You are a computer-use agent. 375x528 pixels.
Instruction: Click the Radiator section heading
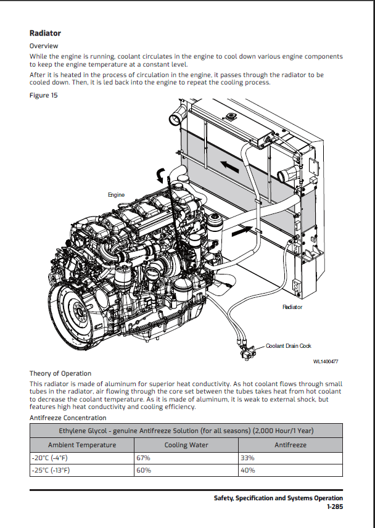point(45,33)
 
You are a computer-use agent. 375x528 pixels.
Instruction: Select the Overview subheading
point(44,46)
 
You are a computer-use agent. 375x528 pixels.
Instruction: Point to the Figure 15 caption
point(43,95)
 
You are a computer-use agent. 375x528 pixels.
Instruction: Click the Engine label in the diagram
point(116,195)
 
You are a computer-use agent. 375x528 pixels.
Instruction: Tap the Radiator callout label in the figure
point(292,307)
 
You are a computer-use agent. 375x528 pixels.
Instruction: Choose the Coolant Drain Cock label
point(288,346)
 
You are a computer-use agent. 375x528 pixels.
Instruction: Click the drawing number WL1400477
point(325,361)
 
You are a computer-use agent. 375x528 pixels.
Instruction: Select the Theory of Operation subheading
point(60,373)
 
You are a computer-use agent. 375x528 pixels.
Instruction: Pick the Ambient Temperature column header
point(82,445)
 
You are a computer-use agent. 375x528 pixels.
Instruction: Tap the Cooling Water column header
point(186,445)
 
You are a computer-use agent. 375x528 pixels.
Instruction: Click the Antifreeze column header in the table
point(290,445)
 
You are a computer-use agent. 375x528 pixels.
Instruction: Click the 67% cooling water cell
point(143,458)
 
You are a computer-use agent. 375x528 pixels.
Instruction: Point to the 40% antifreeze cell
point(248,471)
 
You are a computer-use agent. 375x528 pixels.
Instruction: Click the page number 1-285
point(334,506)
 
